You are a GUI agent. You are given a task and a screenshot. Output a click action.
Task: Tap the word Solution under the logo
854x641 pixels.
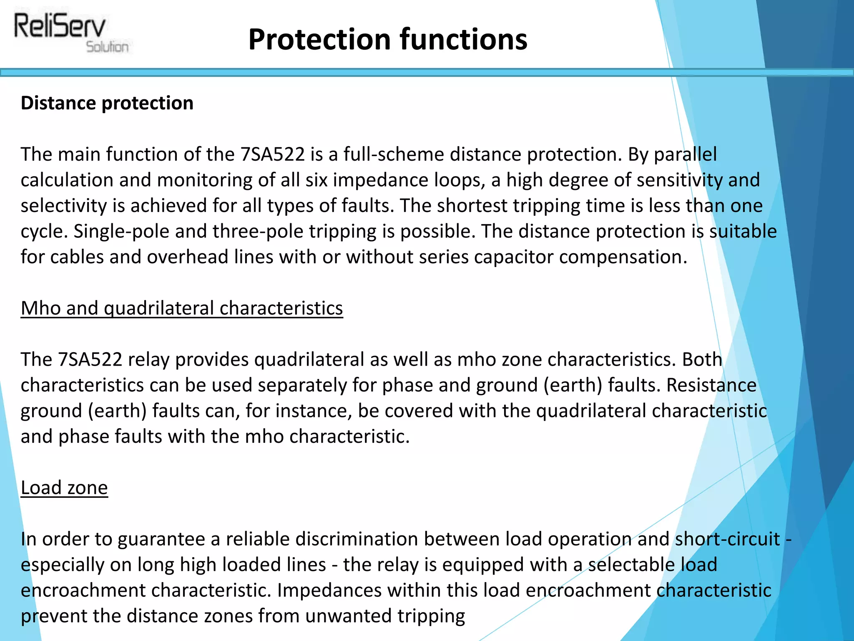click(x=107, y=47)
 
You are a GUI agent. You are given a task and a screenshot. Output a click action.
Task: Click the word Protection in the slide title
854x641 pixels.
click(x=319, y=39)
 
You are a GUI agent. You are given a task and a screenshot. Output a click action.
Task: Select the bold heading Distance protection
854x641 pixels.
click(x=107, y=103)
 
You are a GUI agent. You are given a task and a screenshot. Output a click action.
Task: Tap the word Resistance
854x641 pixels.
click(x=711, y=385)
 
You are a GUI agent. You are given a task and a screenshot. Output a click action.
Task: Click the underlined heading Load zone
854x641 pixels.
click(x=64, y=488)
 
